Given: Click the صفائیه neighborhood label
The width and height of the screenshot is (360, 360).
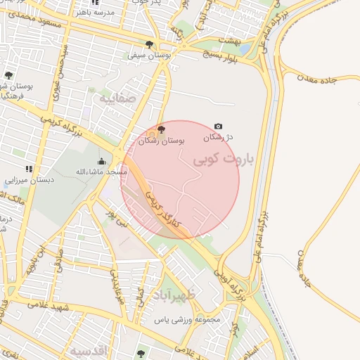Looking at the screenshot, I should click(x=117, y=99).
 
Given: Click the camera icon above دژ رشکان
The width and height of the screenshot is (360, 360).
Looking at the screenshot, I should click(x=218, y=127).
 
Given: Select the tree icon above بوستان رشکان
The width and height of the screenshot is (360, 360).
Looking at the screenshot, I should click(x=162, y=129).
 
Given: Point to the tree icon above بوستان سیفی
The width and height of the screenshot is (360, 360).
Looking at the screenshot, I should click(x=150, y=41).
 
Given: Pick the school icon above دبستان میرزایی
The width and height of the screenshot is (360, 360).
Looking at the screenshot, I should click(x=29, y=169).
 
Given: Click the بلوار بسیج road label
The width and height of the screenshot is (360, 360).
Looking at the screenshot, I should click(x=222, y=49).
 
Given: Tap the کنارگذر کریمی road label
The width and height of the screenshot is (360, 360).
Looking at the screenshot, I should click(x=163, y=209).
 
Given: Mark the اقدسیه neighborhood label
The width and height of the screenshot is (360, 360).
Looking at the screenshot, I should click(x=87, y=349).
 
